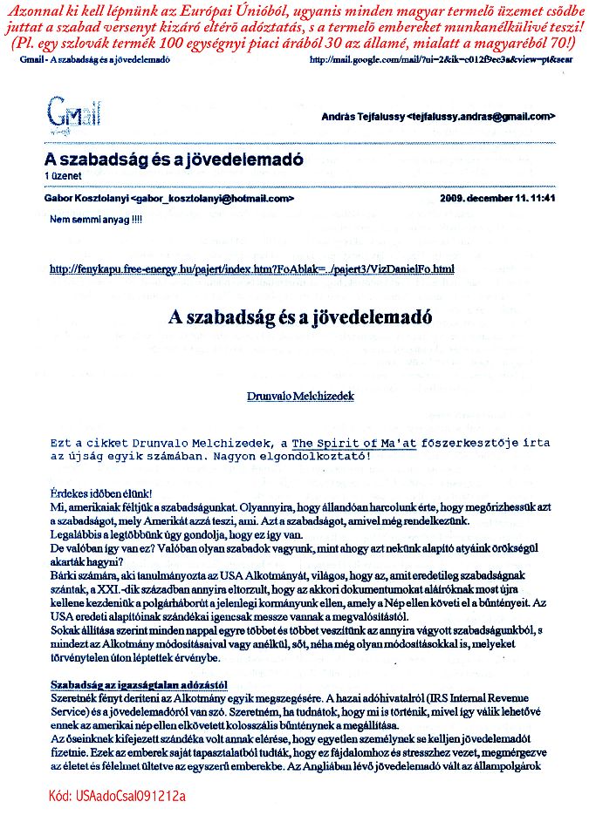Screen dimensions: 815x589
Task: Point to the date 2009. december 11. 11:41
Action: click(499, 199)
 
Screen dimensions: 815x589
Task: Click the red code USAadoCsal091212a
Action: click(118, 796)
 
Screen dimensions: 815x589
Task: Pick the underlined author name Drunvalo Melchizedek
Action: click(300, 394)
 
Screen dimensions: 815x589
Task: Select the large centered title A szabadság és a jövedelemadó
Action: click(299, 317)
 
